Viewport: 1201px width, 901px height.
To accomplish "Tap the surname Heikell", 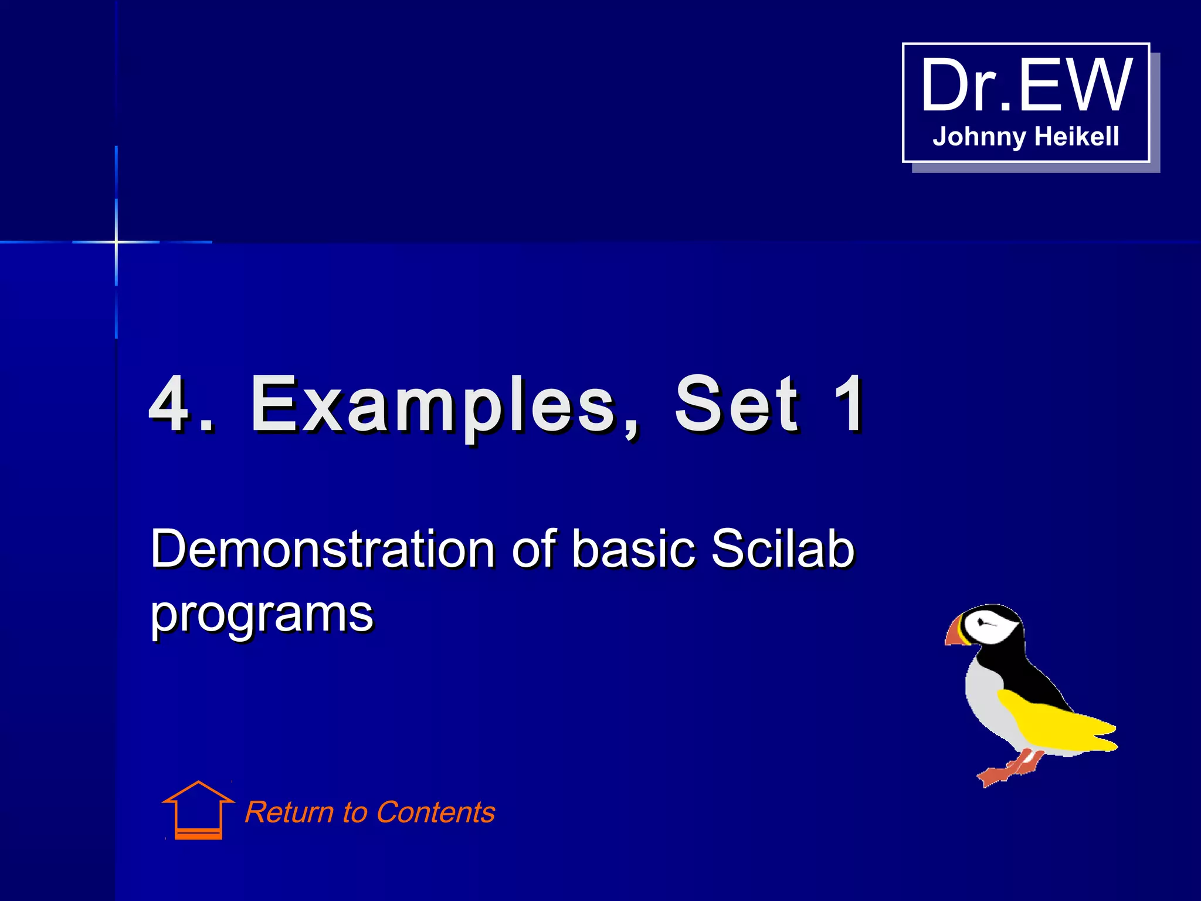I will click(1077, 137).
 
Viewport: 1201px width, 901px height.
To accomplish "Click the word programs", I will click(262, 614).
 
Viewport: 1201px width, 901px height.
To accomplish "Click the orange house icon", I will click(198, 811).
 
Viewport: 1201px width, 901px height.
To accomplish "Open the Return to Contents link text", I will click(369, 812).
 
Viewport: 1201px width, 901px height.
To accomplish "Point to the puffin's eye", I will click(981, 621).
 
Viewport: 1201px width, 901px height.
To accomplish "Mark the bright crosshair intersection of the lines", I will click(116, 242).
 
